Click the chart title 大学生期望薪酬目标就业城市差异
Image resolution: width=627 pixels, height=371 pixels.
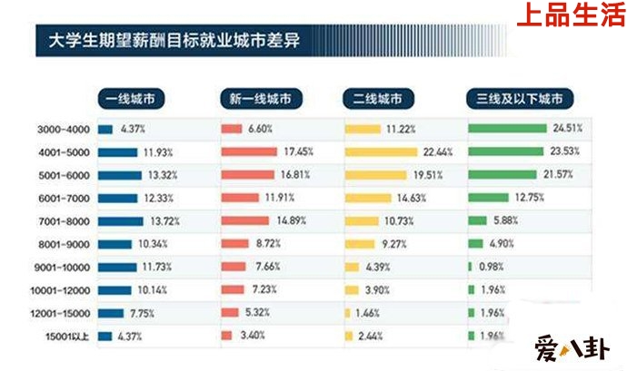click(x=173, y=41)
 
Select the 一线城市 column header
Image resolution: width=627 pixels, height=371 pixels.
click(x=132, y=98)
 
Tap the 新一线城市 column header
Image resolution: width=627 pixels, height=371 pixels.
click(x=259, y=98)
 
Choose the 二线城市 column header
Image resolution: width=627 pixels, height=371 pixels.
click(x=383, y=98)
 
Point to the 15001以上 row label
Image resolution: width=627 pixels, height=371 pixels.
click(x=64, y=337)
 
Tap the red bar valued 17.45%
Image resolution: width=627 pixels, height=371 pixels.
click(x=248, y=151)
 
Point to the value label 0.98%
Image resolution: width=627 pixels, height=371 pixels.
click(x=491, y=267)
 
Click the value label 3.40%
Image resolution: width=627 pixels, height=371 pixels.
click(x=251, y=337)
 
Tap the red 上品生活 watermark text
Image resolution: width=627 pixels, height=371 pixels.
click(x=570, y=16)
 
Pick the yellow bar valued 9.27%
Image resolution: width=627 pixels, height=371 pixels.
click(x=359, y=244)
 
